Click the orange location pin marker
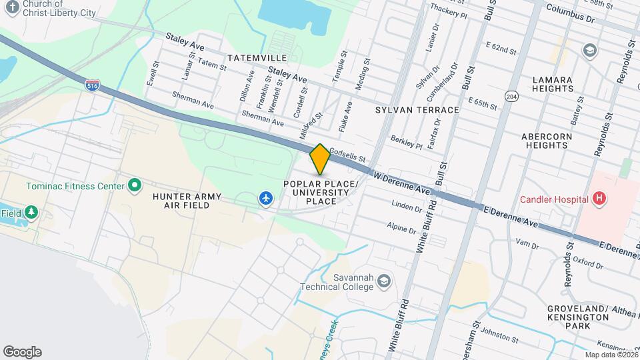(x=320, y=159)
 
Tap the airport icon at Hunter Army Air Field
(x=266, y=198)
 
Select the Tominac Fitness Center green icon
(x=135, y=185)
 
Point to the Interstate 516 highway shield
(x=93, y=85)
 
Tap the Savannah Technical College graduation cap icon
(x=383, y=281)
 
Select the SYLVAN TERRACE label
(x=417, y=109)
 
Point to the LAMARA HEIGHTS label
(x=553, y=84)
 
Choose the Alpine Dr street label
(x=402, y=227)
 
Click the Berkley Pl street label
(x=407, y=143)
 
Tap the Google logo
(x=22, y=352)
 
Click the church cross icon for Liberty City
(x=12, y=7)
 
